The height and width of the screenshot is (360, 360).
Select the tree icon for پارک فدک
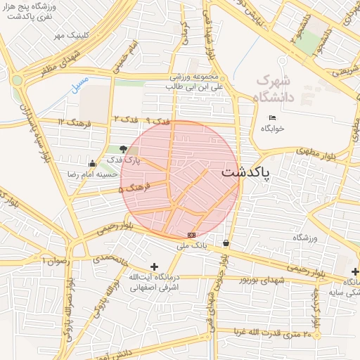click(x=124, y=149)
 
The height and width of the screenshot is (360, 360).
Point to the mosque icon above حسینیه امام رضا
click(x=94, y=163)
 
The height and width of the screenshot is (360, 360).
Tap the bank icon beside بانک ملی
click(x=191, y=235)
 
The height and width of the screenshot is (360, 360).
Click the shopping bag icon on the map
click(x=226, y=243)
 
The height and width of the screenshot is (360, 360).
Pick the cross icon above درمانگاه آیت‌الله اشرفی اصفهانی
click(x=155, y=266)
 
